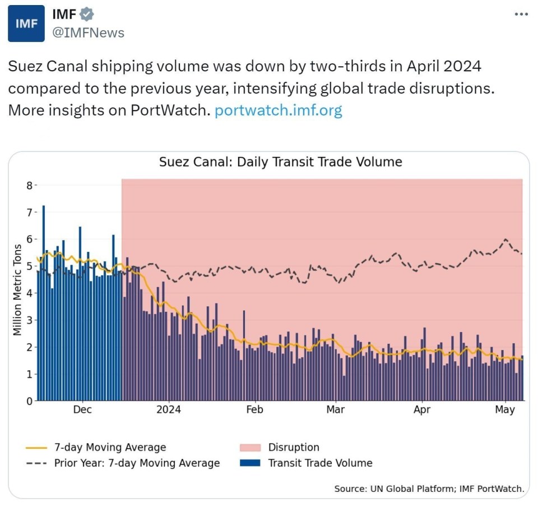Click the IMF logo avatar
click(x=26, y=24)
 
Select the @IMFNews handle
click(x=88, y=33)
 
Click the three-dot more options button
click(x=521, y=14)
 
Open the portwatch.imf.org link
click(x=278, y=110)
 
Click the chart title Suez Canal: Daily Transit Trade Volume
click(x=280, y=162)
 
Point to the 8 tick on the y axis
click(x=30, y=186)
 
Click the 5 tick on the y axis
click(x=30, y=266)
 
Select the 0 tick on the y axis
click(x=30, y=401)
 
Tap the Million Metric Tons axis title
click(x=17, y=290)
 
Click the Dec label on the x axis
click(x=82, y=410)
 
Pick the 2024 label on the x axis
click(x=169, y=410)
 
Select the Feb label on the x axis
click(x=254, y=410)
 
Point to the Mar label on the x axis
click(x=336, y=410)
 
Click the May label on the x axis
click(x=505, y=410)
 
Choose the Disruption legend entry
click(x=293, y=448)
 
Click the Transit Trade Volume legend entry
click(x=319, y=463)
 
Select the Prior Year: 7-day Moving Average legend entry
click(x=136, y=463)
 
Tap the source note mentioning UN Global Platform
click(x=429, y=488)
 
